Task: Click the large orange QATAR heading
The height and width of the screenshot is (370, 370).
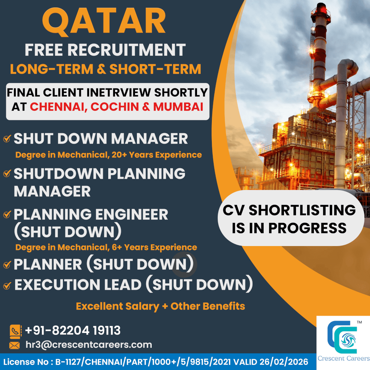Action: (x=104, y=22)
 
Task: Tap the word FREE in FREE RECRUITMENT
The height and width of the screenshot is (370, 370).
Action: (x=44, y=50)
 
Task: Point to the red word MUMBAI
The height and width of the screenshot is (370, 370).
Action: (x=178, y=107)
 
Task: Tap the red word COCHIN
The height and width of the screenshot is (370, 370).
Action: (x=115, y=107)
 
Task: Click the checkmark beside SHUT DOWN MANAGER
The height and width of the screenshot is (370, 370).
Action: (x=7, y=138)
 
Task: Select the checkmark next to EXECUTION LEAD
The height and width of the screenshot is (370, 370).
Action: (x=7, y=286)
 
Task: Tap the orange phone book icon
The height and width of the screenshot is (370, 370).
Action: (x=15, y=331)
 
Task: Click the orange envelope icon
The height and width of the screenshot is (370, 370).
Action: (x=14, y=346)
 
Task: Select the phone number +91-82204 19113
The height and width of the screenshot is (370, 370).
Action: (x=73, y=331)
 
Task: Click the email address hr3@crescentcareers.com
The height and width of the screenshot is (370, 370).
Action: (x=89, y=345)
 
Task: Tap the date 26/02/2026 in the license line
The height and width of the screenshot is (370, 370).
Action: (x=284, y=362)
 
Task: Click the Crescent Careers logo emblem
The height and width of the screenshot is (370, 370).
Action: (x=342, y=337)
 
